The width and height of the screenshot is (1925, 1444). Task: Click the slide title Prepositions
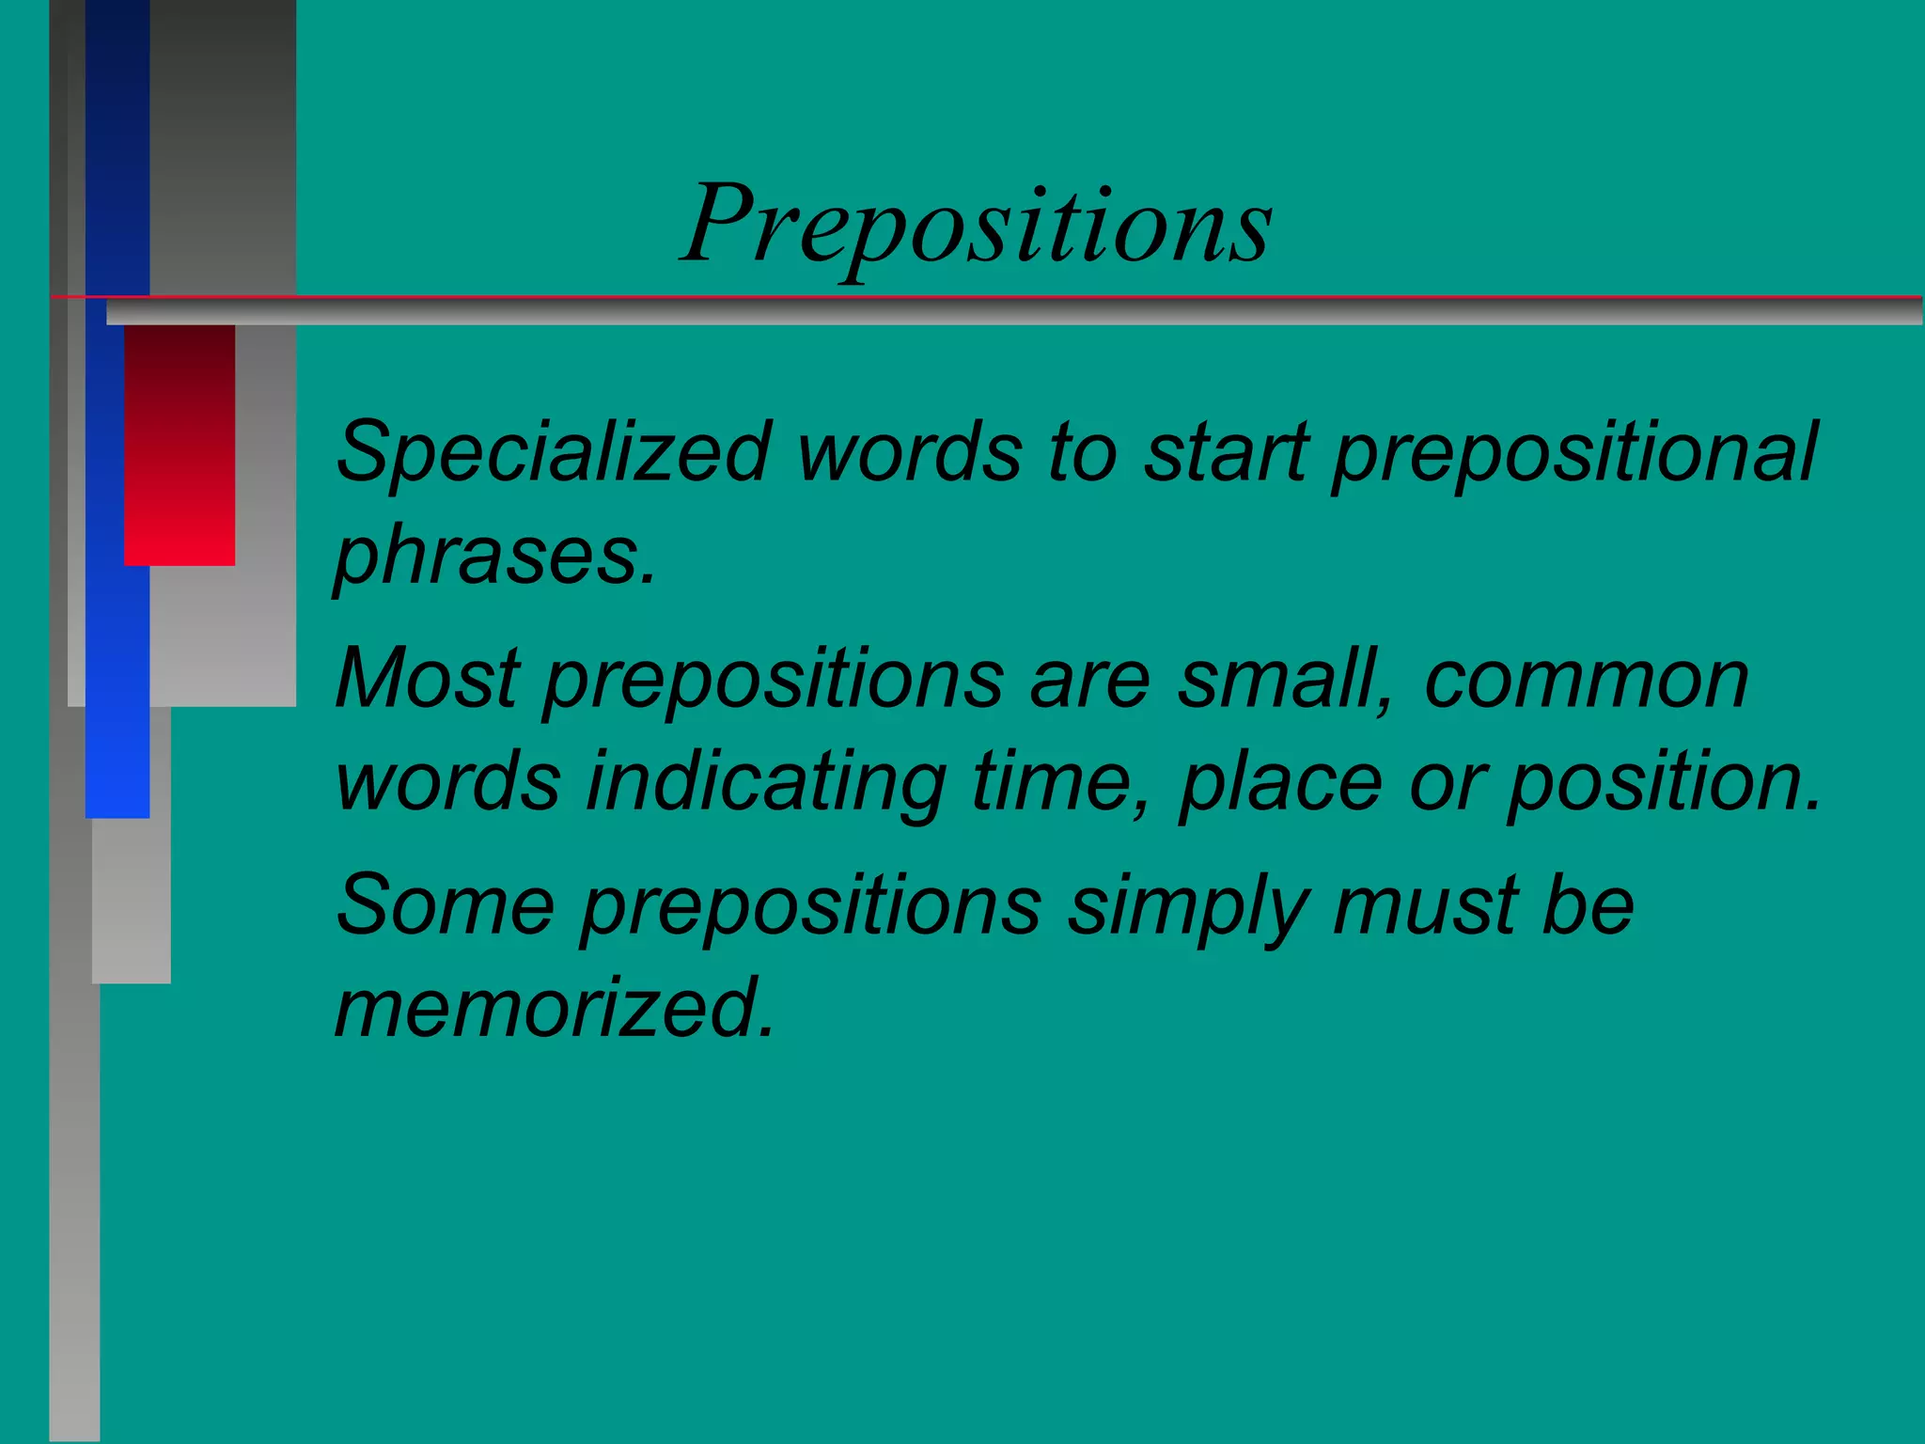pos(978,226)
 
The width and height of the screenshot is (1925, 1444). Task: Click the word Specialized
pos(555,452)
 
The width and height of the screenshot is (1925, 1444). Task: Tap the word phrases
pos(495,557)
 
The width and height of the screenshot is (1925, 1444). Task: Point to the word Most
pos(428,678)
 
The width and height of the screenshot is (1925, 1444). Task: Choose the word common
pos(1587,680)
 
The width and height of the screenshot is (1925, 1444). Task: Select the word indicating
pos(766,782)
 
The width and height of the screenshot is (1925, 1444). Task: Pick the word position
pos(1665,782)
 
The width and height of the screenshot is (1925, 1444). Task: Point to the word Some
pos(446,904)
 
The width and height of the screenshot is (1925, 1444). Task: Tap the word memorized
pos(555,1008)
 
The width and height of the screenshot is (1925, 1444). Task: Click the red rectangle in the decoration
pos(180,444)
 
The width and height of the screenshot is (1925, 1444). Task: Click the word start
pos(1226,454)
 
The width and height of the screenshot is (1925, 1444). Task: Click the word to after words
pos(1083,454)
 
